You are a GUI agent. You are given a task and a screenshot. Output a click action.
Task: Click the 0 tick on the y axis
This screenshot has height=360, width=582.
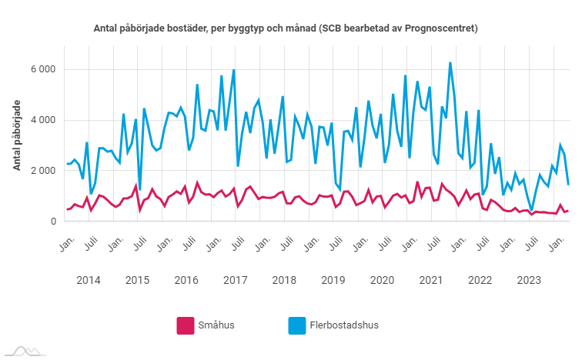[x=53, y=222]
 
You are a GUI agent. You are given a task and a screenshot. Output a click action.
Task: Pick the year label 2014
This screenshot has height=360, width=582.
[x=89, y=279]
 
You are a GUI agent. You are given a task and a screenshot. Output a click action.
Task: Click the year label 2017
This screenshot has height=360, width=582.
[x=236, y=279]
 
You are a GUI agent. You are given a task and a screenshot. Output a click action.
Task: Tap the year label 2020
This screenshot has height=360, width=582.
[x=382, y=279]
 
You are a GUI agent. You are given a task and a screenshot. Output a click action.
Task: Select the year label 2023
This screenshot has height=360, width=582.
[x=528, y=279]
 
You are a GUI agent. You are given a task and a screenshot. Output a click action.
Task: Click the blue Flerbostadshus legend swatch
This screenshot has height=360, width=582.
[x=296, y=325]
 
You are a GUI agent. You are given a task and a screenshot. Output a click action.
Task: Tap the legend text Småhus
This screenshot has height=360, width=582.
[x=217, y=325]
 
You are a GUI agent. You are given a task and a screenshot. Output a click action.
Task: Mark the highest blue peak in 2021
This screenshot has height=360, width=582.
[x=450, y=63]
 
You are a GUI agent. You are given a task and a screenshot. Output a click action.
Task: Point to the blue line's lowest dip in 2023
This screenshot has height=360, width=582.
[x=532, y=208]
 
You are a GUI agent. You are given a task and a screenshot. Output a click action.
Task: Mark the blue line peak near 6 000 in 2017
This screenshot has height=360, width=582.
[x=233, y=71]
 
